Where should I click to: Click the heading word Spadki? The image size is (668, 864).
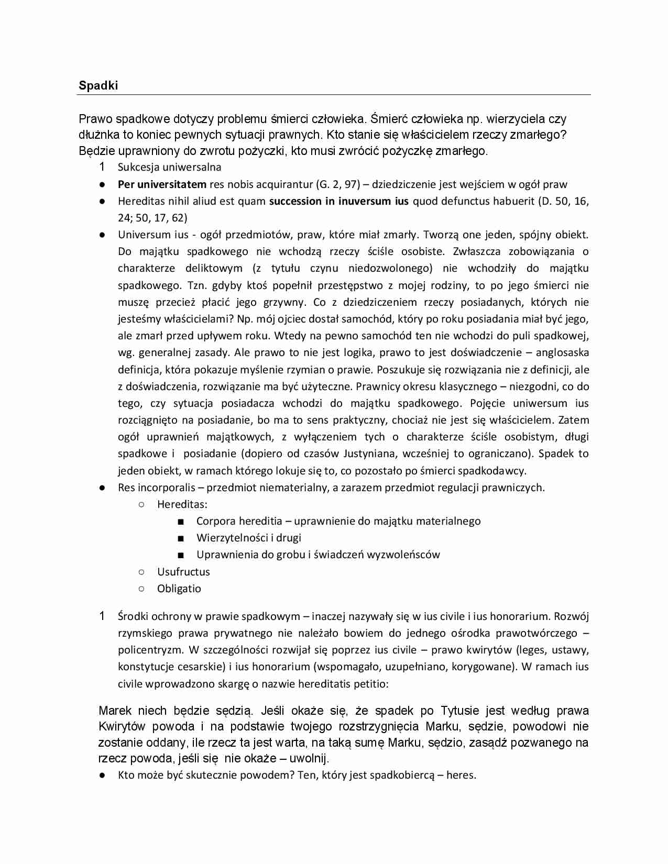click(98, 85)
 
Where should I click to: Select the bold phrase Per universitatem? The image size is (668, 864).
click(162, 184)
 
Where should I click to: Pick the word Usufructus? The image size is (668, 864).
click(183, 572)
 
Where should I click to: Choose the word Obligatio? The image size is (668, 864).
click(179, 589)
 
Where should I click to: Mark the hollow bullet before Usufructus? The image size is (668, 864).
click(141, 571)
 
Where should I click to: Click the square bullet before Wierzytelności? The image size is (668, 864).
click(181, 538)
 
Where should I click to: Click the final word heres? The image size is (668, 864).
click(461, 775)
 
